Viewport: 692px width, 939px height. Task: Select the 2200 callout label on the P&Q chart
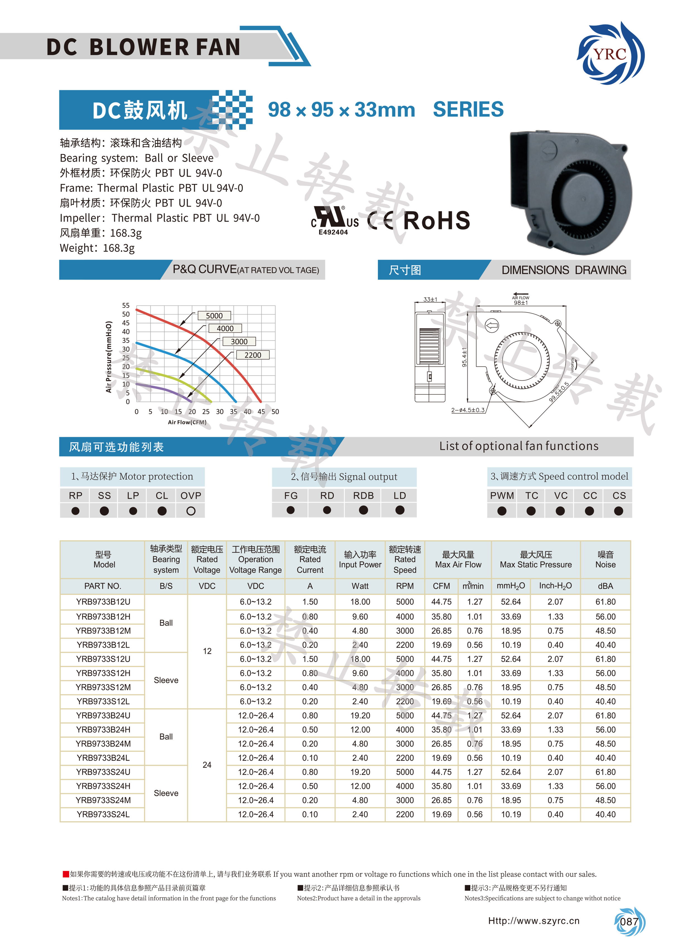click(x=253, y=355)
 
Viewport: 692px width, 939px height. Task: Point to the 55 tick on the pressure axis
click(x=126, y=305)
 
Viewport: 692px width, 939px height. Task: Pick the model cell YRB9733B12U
click(x=103, y=602)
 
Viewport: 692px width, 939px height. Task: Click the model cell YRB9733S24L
click(x=103, y=815)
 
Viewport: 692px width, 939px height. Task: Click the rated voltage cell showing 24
click(x=207, y=765)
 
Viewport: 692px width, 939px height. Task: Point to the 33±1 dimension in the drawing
click(x=430, y=299)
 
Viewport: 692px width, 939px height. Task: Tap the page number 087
click(x=629, y=922)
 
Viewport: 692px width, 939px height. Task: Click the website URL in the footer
click(x=534, y=921)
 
